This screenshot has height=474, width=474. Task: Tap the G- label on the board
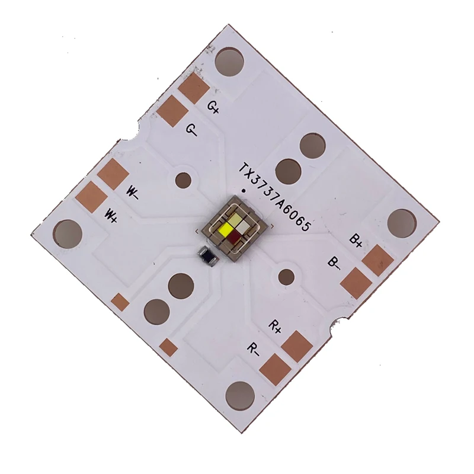pos(191,129)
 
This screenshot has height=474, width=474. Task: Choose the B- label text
pos(334,262)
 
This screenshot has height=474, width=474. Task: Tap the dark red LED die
pos(238,239)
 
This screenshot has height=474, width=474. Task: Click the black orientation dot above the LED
pos(245,191)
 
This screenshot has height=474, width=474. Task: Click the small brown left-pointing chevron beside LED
pos(197,230)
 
